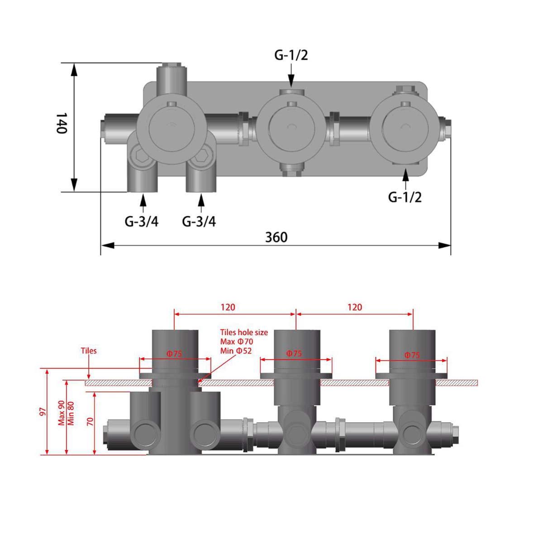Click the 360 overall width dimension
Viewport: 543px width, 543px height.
coord(276,237)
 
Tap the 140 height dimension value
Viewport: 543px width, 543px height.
coord(61,123)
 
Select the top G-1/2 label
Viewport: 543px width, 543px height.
coord(291,56)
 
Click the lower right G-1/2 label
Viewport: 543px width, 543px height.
coord(405,197)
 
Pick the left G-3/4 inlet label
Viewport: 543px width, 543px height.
coord(142,221)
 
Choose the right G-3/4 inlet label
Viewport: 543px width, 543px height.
coord(199,221)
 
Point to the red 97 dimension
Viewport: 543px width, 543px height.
coord(43,411)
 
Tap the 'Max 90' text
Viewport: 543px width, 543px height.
coord(61,413)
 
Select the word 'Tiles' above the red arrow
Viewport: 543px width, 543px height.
coord(89,351)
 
